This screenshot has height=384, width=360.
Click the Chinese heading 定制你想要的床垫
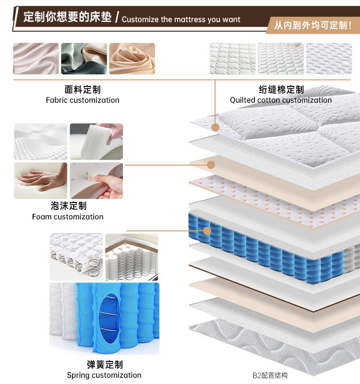point(67,17)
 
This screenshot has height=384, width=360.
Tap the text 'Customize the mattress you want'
point(181,20)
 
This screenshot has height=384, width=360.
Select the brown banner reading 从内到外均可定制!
point(312,24)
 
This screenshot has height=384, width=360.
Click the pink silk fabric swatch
point(36,59)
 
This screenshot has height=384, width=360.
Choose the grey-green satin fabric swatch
point(84,59)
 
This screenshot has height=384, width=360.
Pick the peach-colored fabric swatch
point(132,59)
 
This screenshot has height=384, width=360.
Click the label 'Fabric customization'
point(83,100)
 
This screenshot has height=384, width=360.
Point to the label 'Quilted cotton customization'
point(280,100)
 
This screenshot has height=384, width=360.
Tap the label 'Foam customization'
point(68,217)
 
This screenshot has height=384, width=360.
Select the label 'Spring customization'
point(104,375)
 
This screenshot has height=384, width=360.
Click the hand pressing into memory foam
point(40,180)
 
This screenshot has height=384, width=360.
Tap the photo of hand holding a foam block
point(96,142)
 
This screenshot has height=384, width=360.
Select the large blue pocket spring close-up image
point(104,318)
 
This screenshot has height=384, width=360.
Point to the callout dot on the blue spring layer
point(207,231)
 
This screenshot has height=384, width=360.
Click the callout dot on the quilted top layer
point(215,128)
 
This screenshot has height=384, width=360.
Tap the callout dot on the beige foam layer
point(211,165)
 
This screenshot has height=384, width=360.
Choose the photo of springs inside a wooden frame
point(132,257)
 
